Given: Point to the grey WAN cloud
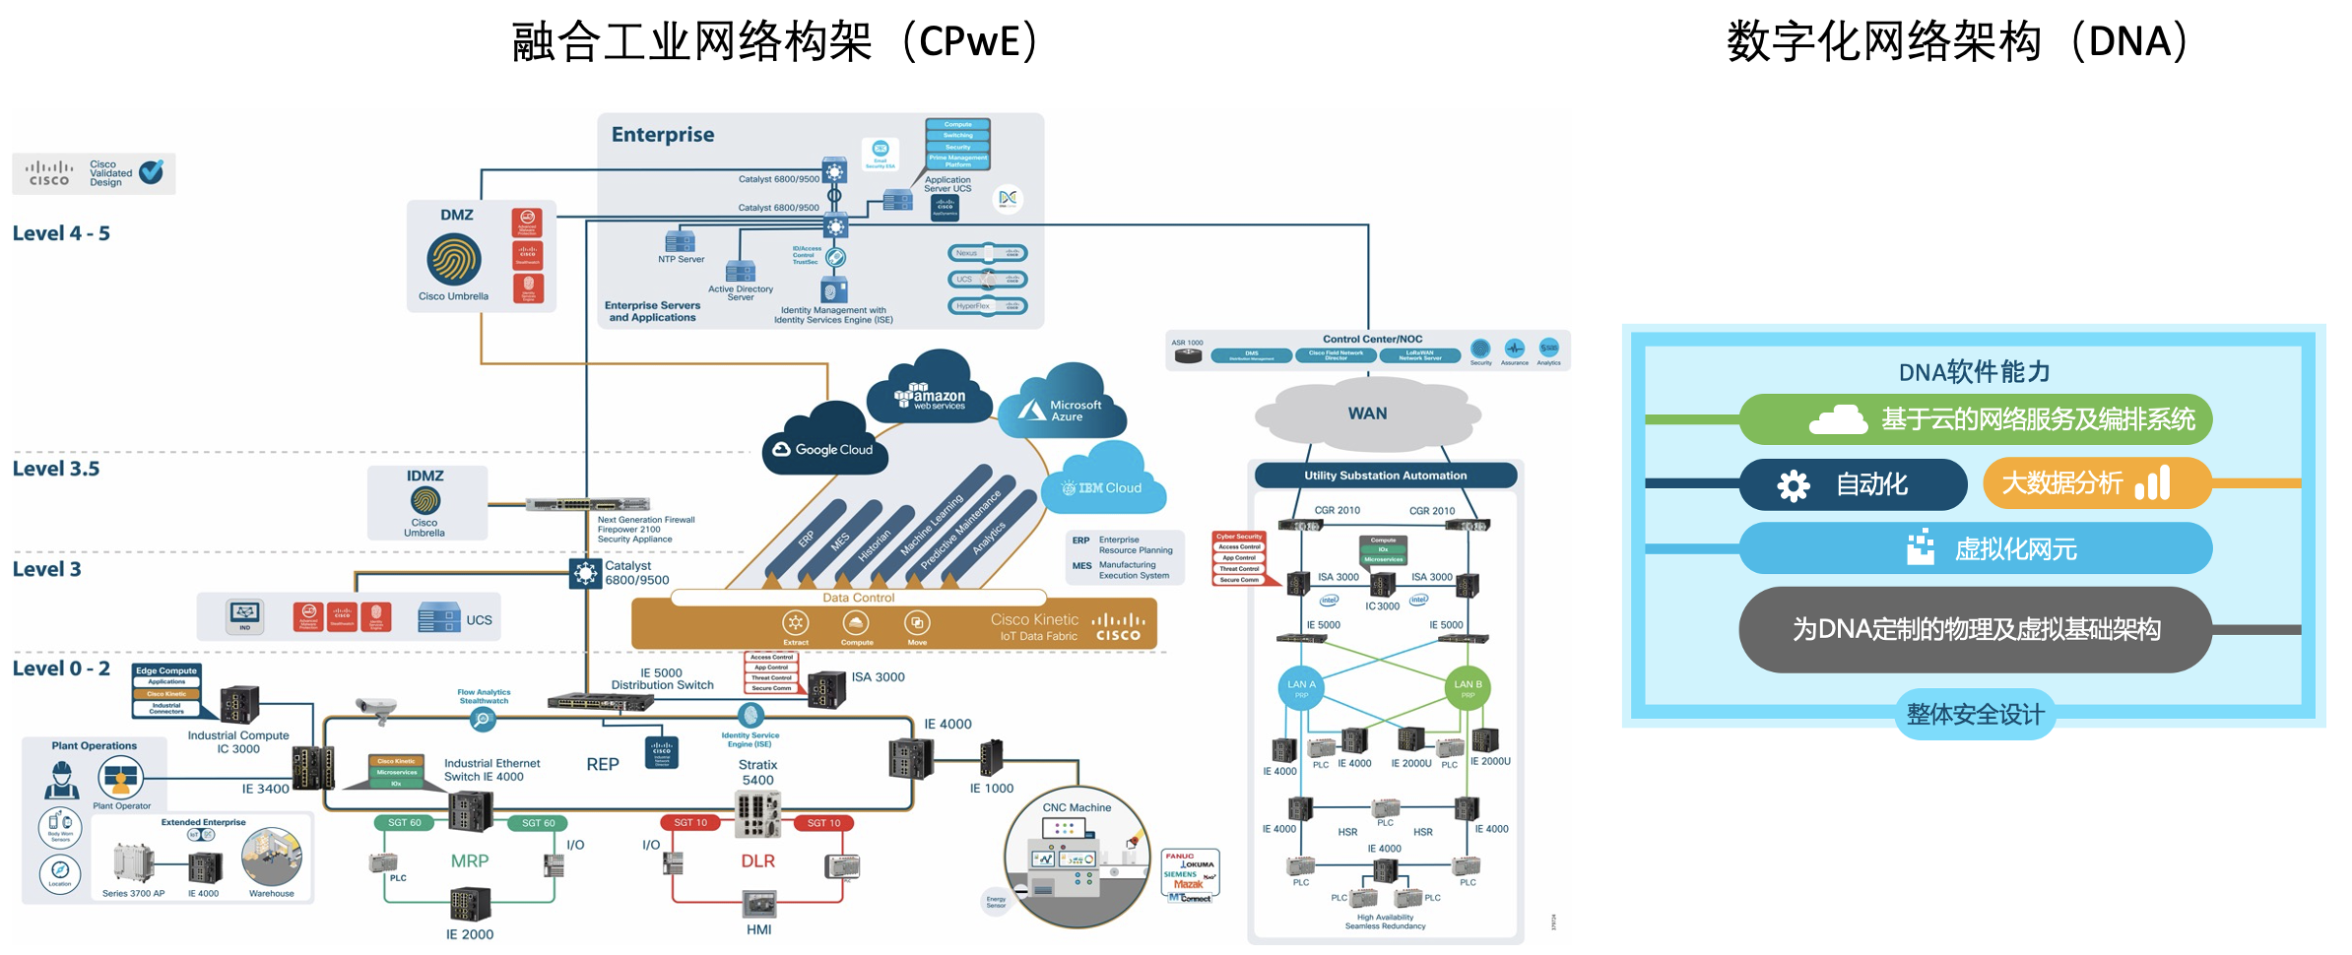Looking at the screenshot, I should point(1367,414).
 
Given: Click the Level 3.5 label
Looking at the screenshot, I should point(56,469).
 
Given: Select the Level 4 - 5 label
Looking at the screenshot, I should point(61,233).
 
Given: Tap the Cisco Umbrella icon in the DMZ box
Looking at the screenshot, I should point(453,260).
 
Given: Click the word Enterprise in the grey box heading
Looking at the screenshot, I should point(663,135).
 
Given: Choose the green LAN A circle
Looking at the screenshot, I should point(1301,687).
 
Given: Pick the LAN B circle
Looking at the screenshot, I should point(1468,687).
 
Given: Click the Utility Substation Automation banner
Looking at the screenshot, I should point(1385,476).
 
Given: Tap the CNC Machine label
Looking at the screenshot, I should point(1077,807).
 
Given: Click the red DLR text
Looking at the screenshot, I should point(757,860).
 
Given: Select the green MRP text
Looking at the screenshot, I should point(470,860).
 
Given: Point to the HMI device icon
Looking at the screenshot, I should point(759,904).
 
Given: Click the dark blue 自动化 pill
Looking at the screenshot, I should point(1852,484).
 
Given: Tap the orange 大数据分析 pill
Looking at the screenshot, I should point(2096,483).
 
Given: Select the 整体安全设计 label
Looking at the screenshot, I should point(1975,714).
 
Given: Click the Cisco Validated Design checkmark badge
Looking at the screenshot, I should point(152,172).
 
